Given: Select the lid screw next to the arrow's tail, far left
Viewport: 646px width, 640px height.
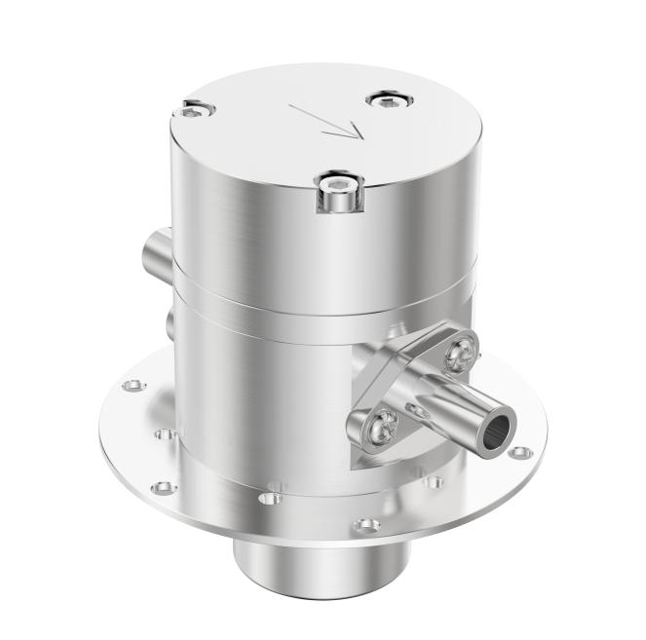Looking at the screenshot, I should pos(193,112).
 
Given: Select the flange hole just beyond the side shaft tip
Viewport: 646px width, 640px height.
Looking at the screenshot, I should pos(521,452).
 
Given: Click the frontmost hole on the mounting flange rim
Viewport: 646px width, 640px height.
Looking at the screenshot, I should pos(366,525).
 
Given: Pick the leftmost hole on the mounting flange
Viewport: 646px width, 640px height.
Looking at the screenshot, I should pos(128,387).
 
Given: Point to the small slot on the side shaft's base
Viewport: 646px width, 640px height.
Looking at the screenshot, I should pos(417,412).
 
